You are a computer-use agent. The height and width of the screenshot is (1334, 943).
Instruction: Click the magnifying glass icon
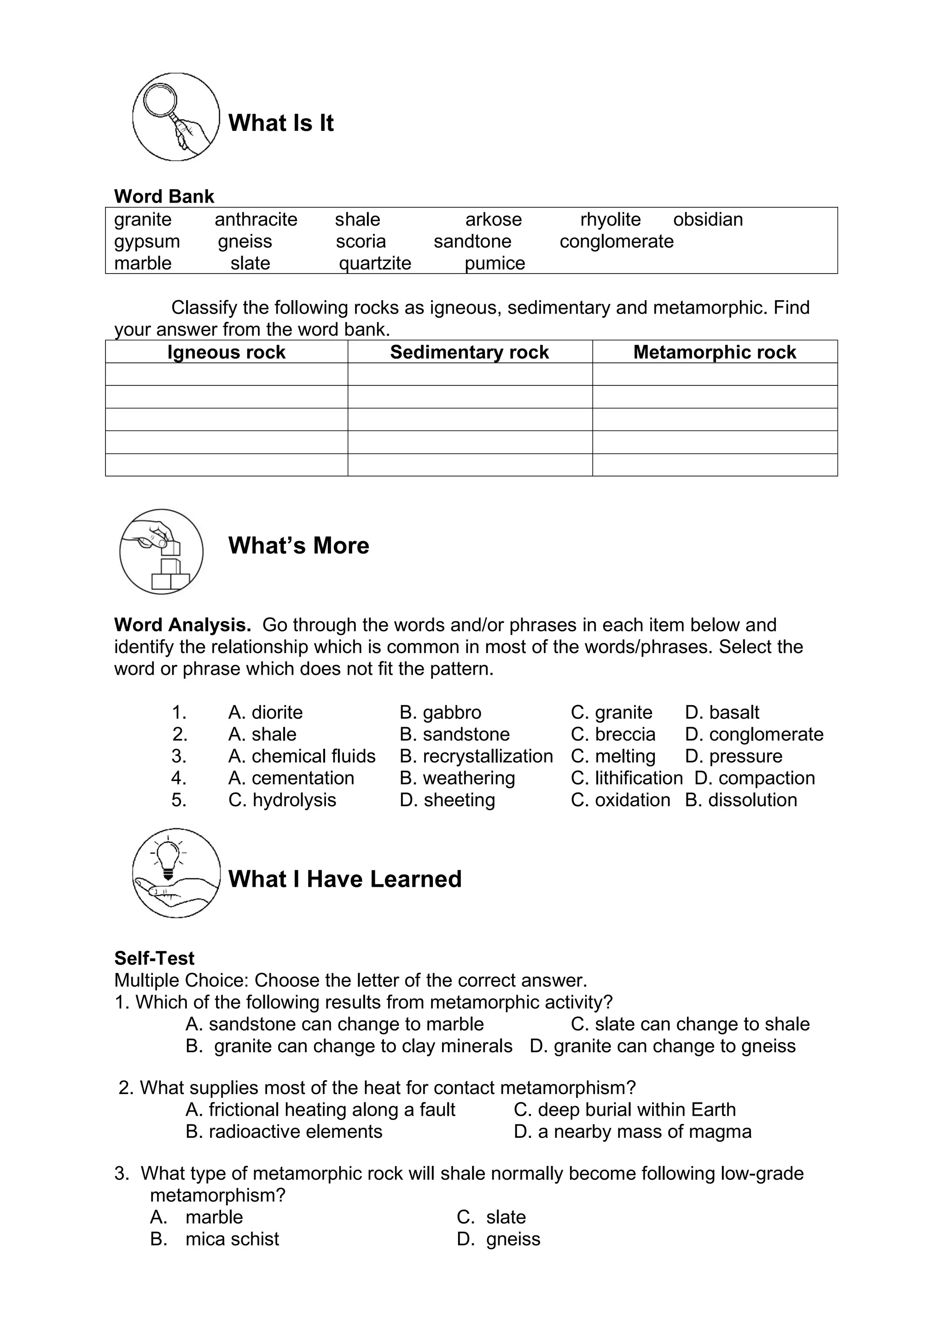pyautogui.click(x=175, y=117)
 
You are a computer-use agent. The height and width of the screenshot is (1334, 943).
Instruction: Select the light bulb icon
pyautogui.click(x=175, y=873)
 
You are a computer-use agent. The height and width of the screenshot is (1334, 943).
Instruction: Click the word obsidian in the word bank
pyautogui.click(x=707, y=220)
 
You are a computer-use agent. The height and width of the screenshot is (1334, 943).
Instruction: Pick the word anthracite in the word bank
pyautogui.click(x=256, y=220)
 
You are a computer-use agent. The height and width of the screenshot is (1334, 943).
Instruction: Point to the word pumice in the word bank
pyautogui.click(x=495, y=263)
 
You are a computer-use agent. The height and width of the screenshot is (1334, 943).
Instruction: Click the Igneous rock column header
pyautogui.click(x=226, y=352)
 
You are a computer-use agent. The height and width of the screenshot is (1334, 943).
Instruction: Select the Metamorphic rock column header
pyautogui.click(x=714, y=352)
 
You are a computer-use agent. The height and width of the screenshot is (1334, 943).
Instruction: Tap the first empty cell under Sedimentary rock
pyautogui.click(x=470, y=374)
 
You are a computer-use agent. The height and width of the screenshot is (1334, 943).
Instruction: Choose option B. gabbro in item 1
pyautogui.click(x=440, y=712)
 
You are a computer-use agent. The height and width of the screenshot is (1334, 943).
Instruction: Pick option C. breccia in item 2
pyautogui.click(x=612, y=734)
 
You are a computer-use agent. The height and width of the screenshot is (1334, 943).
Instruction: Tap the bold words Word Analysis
pyautogui.click(x=182, y=625)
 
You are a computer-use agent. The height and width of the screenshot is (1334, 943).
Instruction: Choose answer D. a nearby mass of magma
pyautogui.click(x=632, y=1132)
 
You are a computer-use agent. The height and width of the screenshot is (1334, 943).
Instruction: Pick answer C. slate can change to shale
pyautogui.click(x=690, y=1024)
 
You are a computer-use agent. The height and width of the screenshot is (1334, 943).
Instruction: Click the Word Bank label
pyautogui.click(x=164, y=196)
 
